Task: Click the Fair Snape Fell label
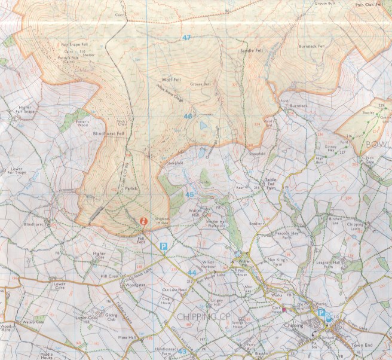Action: tap(74, 44)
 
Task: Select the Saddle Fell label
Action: tap(251, 51)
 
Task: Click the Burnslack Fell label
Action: tap(312, 46)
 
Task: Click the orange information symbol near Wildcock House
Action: tap(143, 221)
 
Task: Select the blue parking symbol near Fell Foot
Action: tap(163, 246)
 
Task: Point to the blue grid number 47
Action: tap(187, 38)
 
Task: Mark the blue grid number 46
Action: tap(188, 116)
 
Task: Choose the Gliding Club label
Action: tap(112, 317)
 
